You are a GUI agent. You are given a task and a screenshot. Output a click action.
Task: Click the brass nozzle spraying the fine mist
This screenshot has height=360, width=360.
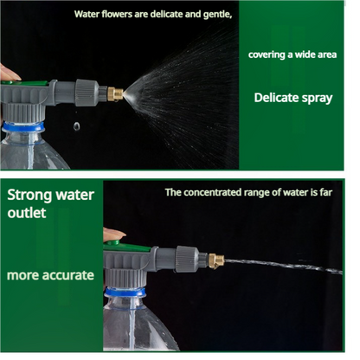coord(114,93)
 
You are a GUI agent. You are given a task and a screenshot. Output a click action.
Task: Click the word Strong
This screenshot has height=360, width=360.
coord(30,194)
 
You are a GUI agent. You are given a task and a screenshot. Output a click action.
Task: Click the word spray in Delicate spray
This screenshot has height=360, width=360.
coord(315,98)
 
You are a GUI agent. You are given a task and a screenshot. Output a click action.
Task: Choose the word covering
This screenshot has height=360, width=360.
coord(266,54)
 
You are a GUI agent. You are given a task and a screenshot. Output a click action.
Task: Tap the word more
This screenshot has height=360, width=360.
coord(23,275)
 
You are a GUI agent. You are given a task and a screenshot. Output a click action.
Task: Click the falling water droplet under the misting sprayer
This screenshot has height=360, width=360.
coord(76,126)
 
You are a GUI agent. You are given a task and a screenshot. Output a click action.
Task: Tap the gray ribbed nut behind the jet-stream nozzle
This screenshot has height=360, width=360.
coord(188,259)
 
